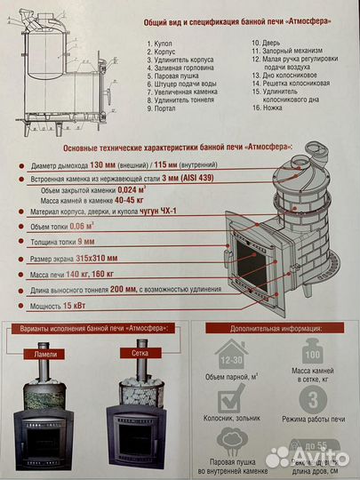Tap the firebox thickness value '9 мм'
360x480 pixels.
pos(87,241)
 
